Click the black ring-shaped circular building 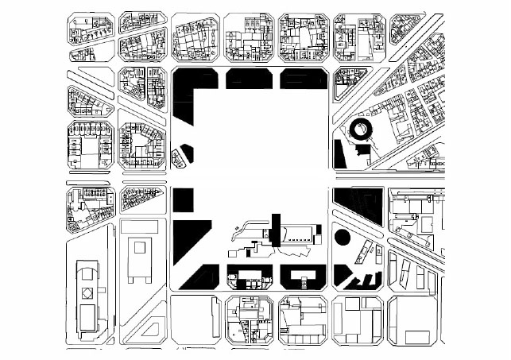(x=362, y=130)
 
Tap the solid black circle (x=342, y=236)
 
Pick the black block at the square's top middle (x=248, y=78)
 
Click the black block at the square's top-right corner (x=302, y=78)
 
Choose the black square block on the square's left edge (x=183, y=199)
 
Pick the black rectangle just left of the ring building (x=339, y=153)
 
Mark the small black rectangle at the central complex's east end (x=319, y=234)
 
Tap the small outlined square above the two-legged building (x=139, y=247)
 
